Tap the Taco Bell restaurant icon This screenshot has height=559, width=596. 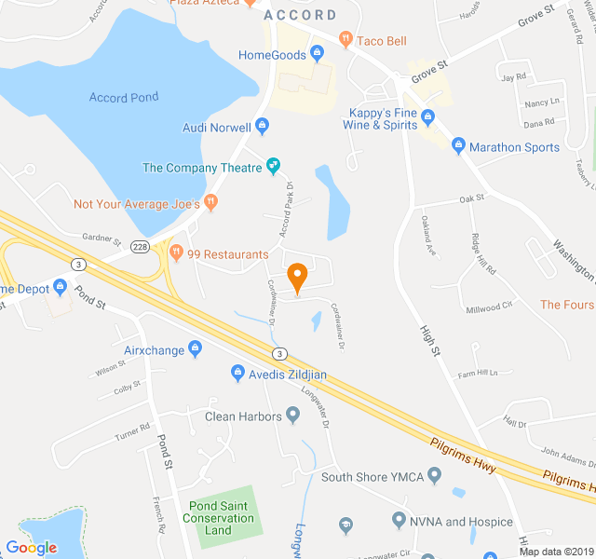345,40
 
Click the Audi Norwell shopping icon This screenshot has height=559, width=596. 262,127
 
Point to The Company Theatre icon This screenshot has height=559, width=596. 274,168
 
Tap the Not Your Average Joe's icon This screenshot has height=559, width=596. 211,202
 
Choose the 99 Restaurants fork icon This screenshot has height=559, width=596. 176,252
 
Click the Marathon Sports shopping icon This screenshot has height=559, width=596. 457,147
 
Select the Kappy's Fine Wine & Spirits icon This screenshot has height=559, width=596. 427,116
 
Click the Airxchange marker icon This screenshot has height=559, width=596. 195,349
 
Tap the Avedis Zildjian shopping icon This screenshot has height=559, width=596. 237,375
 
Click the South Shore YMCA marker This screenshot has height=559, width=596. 433,477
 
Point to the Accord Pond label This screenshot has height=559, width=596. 124,97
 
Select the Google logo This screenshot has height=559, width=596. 31,548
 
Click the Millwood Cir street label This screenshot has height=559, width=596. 489,306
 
